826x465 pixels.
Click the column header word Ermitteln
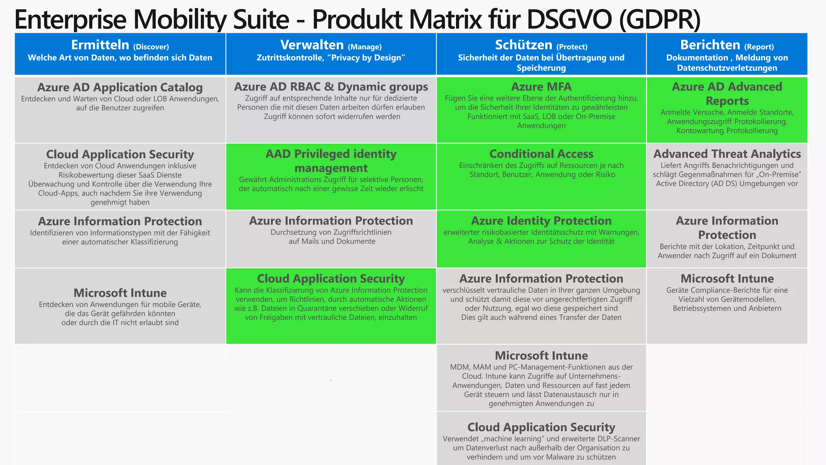point(100,45)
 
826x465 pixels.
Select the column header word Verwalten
point(312,45)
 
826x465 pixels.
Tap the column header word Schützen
point(524,45)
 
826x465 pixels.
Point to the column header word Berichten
point(710,45)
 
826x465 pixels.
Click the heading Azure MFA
point(541,87)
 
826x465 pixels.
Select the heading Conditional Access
point(541,154)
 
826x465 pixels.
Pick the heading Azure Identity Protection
point(541,221)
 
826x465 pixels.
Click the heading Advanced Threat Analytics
point(727,154)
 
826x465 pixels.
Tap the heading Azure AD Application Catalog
point(120,88)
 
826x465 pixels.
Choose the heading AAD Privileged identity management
point(331,161)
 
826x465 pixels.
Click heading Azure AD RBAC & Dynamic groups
point(331,87)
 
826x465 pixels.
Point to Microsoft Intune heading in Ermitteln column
point(120,293)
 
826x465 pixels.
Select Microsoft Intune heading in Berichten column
point(727,279)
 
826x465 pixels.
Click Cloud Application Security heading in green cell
point(331,279)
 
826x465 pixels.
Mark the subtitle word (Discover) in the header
point(151,47)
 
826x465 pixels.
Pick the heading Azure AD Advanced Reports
point(727,94)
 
